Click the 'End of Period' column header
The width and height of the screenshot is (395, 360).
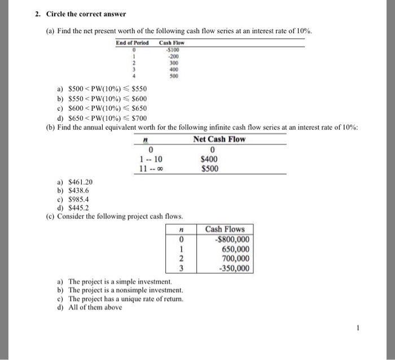132,43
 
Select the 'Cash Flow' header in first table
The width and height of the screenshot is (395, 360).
172,43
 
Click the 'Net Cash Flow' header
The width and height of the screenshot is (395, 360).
219,139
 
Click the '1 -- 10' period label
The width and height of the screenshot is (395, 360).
150,159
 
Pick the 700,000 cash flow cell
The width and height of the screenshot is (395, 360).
232,258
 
